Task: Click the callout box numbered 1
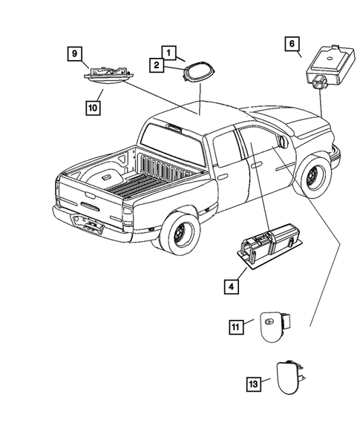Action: (170, 53)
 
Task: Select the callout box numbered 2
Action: (157, 65)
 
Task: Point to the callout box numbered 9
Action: (73, 53)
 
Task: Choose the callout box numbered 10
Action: (91, 107)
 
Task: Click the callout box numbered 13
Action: (255, 383)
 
